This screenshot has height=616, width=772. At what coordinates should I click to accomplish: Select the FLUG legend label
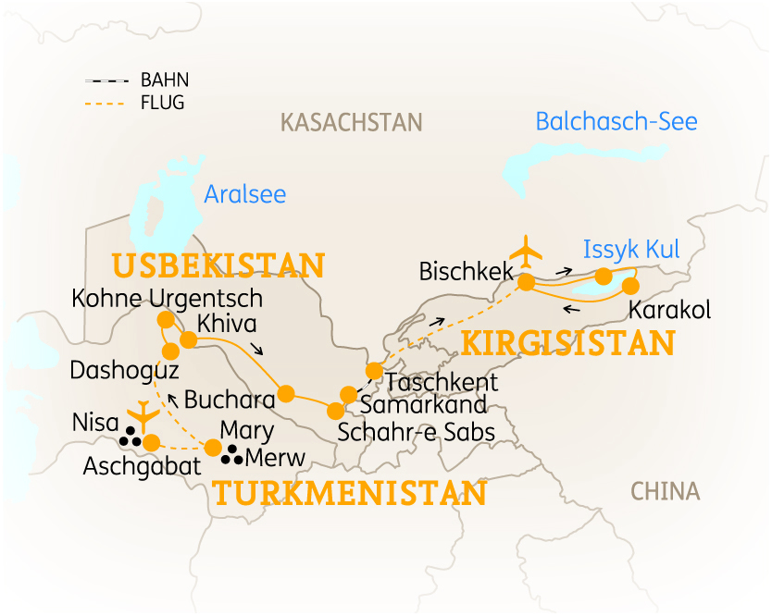(x=162, y=103)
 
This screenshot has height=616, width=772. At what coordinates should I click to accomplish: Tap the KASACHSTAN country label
(x=351, y=122)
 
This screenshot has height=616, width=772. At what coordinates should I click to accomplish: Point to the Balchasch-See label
(x=616, y=121)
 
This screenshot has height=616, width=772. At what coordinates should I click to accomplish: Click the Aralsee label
(x=244, y=194)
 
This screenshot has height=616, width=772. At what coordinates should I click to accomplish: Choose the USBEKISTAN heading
(x=218, y=266)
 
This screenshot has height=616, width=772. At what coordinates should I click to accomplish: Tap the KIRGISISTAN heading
(x=567, y=343)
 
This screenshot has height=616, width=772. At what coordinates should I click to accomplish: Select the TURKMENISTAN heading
(x=349, y=493)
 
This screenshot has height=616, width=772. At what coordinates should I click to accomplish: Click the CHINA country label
(x=665, y=491)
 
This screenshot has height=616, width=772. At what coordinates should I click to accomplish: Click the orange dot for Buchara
(x=285, y=393)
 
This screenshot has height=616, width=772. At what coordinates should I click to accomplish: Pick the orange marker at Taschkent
(x=374, y=371)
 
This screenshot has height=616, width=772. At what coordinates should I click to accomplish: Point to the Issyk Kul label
(x=631, y=250)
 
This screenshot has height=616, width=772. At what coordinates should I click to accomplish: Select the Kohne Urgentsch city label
(x=167, y=299)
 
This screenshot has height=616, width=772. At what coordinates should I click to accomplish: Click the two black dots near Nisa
(x=134, y=441)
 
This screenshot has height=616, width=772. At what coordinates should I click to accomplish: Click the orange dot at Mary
(x=213, y=448)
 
